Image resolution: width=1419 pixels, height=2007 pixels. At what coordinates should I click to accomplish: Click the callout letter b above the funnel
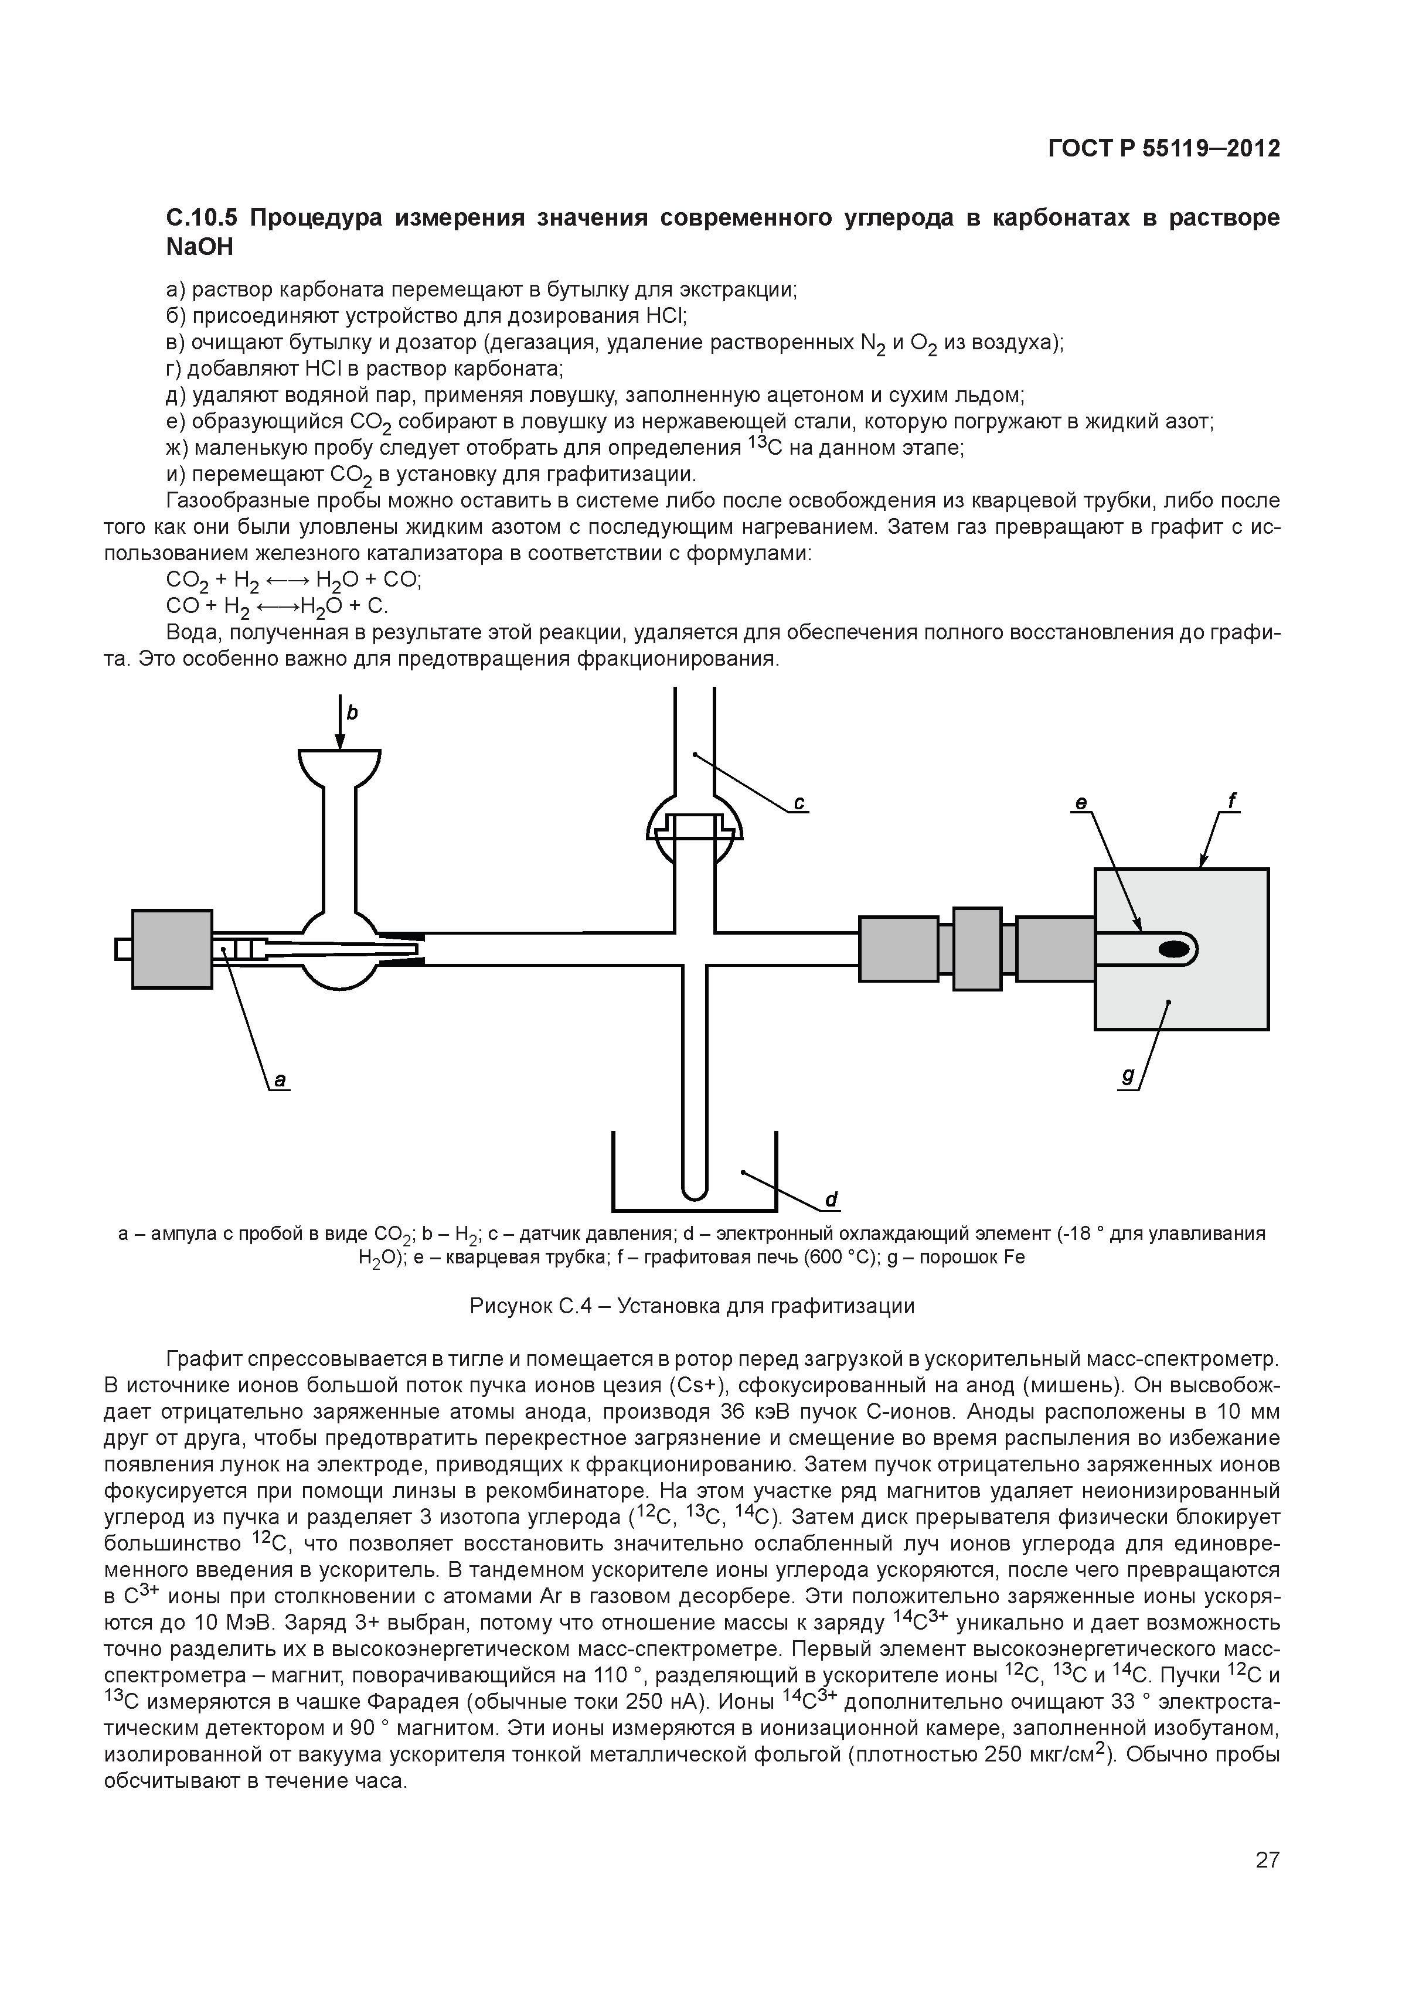click(x=352, y=713)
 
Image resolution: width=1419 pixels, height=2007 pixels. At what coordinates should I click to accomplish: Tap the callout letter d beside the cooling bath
click(x=832, y=1200)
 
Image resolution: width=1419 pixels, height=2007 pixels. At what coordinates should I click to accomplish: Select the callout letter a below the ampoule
click(x=280, y=1081)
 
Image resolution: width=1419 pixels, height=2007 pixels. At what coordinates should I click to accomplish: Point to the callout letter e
click(x=1081, y=802)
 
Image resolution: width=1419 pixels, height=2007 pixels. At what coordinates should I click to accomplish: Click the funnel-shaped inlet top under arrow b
click(x=339, y=766)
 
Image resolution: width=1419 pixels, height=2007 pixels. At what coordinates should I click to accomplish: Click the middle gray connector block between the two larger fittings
click(x=976, y=949)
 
